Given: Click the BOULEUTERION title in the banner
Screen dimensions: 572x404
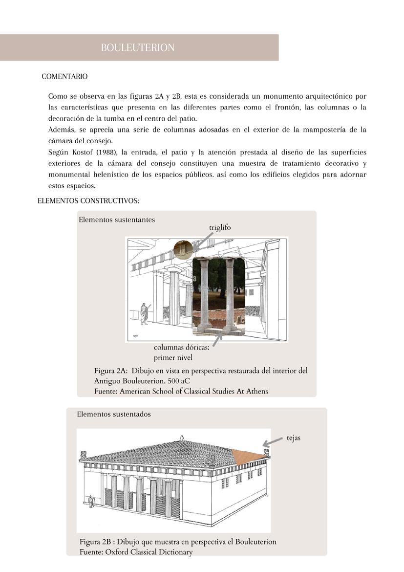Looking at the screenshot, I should pyautogui.click(x=138, y=47).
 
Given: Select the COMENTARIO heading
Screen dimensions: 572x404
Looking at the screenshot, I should pyautogui.click(x=64, y=77).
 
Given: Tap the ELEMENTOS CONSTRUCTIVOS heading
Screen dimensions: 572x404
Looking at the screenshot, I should pyautogui.click(x=88, y=201).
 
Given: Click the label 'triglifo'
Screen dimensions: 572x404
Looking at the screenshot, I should pyautogui.click(x=220, y=227).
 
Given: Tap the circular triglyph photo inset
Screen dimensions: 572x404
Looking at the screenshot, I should pyautogui.click(x=183, y=249).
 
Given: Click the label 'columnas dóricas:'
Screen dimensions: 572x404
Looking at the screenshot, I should pyautogui.click(x=181, y=348).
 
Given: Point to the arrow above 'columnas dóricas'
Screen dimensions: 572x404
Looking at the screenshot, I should pyautogui.click(x=218, y=338).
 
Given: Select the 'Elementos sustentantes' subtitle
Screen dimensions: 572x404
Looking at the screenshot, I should pyautogui.click(x=117, y=220).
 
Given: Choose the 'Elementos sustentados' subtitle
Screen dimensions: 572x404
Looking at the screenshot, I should pyautogui.click(x=114, y=414).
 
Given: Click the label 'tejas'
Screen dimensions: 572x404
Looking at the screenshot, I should pyautogui.click(x=294, y=438).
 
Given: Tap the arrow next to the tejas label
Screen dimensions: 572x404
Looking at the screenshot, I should pyautogui.click(x=273, y=441).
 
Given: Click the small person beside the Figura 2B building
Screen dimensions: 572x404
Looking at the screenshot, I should pyautogui.click(x=90, y=502).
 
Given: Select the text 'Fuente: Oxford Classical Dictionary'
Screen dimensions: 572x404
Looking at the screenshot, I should pyautogui.click(x=136, y=552).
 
